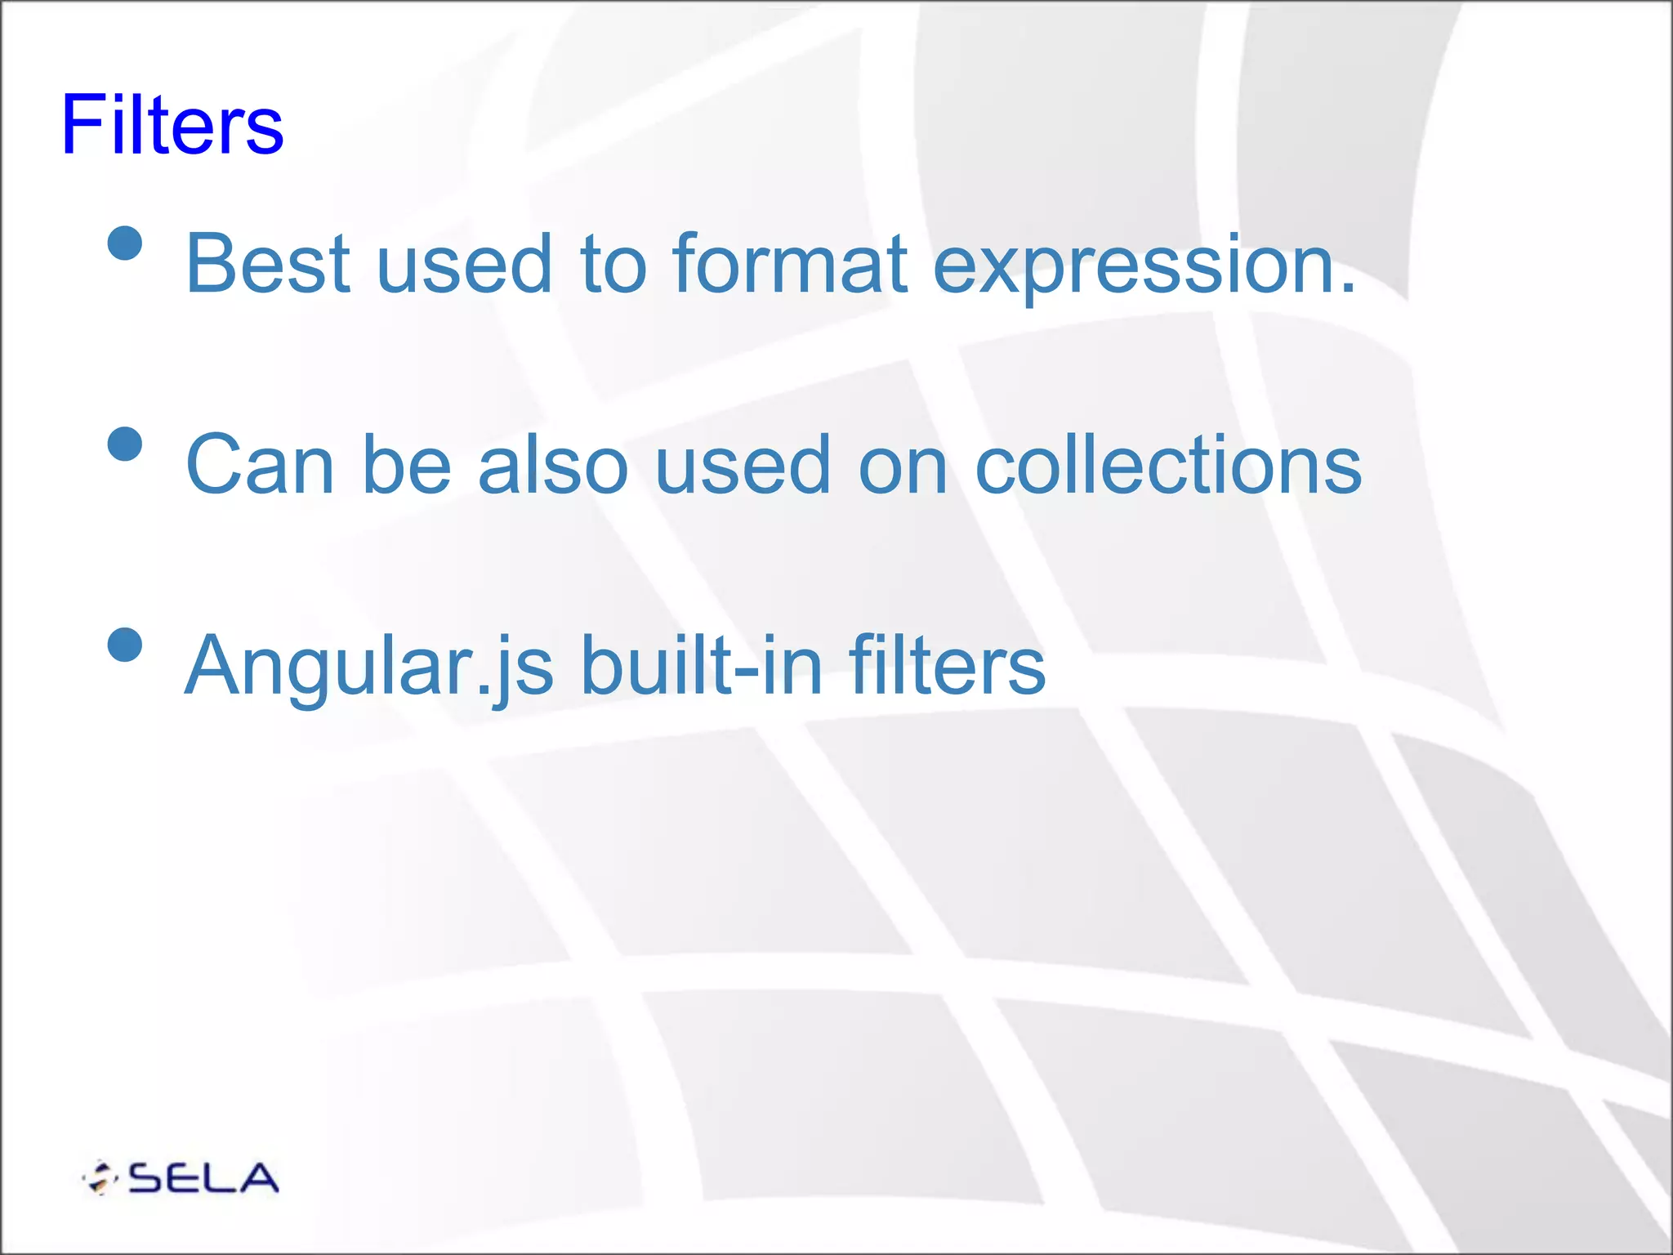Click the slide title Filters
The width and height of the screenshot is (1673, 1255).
coord(172,125)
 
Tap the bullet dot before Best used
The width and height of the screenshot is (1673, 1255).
coord(125,243)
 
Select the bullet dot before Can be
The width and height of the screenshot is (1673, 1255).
coord(125,444)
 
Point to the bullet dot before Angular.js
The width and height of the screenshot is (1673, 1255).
coord(125,645)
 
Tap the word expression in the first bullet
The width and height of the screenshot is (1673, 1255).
coord(1144,266)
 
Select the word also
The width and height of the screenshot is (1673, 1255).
coord(553,464)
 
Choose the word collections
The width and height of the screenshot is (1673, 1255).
coord(1168,464)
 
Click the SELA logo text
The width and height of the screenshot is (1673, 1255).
coord(203,1178)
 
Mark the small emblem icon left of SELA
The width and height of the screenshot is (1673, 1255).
coord(101,1178)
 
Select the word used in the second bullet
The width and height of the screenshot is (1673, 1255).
coord(743,464)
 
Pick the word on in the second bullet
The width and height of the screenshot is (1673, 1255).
coord(903,466)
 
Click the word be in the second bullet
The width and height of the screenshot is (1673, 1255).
coord(406,464)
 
